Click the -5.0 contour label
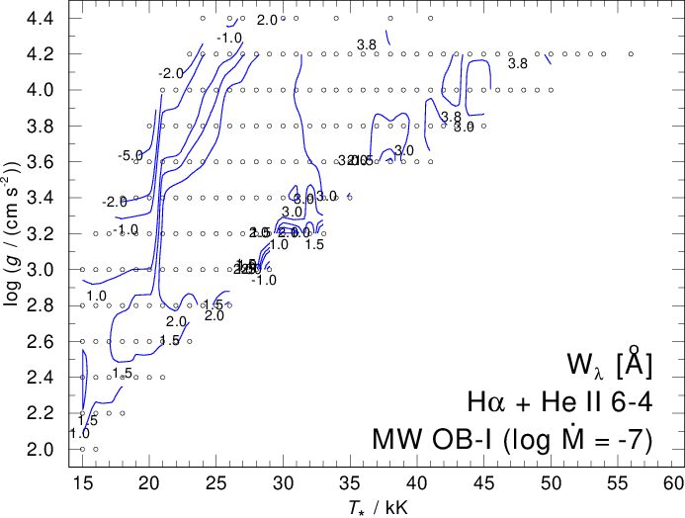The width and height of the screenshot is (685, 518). pyautogui.click(x=130, y=156)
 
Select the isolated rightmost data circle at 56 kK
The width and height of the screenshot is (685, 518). pyautogui.click(x=631, y=54)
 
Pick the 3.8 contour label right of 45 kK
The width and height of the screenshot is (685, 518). pyautogui.click(x=518, y=64)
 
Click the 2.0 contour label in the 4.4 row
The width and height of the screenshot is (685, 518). pyautogui.click(x=267, y=20)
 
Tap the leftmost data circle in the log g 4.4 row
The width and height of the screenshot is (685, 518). pyautogui.click(x=203, y=18)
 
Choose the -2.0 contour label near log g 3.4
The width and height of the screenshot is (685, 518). pyautogui.click(x=115, y=202)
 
